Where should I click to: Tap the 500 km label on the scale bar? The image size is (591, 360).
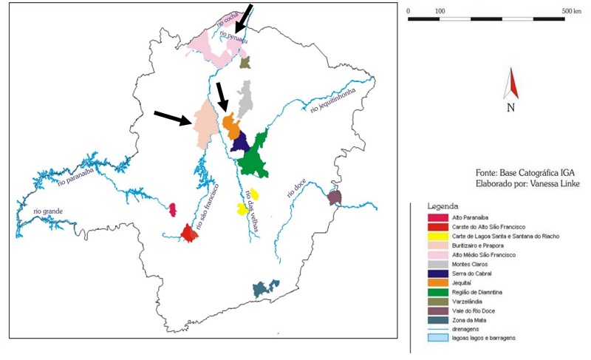[x=570, y=12]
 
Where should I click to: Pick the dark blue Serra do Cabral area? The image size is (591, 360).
[x=239, y=143]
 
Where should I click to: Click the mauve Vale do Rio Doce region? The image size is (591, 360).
[x=335, y=197]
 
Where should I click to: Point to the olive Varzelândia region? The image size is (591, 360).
[x=245, y=63]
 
